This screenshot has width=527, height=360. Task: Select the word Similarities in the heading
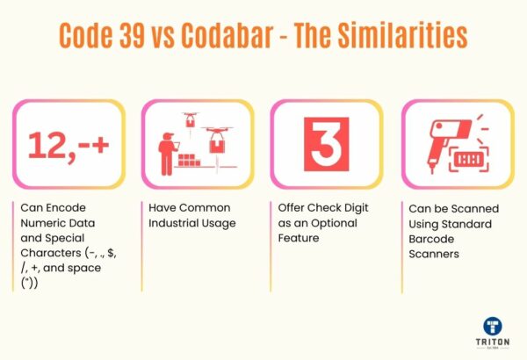[x=411, y=35]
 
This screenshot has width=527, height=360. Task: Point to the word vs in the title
[x=180, y=35]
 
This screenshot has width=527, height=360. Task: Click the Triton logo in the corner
[x=492, y=332]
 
